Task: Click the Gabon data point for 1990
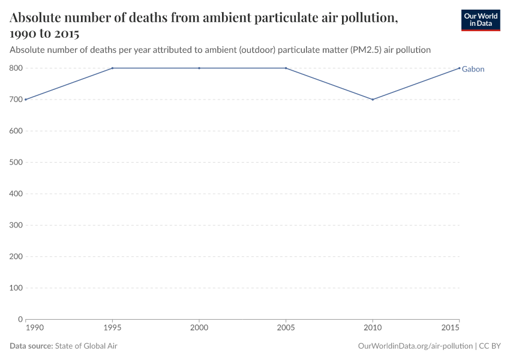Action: coord(26,100)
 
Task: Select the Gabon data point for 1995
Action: coord(113,68)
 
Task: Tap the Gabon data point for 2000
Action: coord(199,68)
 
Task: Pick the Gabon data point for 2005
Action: coord(286,68)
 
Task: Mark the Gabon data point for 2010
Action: coord(373,100)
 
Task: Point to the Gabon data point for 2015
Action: coord(460,68)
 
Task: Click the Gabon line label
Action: coord(473,69)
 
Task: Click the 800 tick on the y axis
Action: coord(16,68)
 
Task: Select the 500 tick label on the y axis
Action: coord(16,162)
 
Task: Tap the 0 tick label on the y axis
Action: coord(20,319)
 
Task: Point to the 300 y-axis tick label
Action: coord(16,225)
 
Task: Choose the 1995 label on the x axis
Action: coord(113,328)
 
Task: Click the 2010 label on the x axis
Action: coord(373,328)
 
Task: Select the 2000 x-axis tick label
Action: coord(199,328)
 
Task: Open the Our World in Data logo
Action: coord(480,20)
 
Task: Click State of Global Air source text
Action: coord(86,346)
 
